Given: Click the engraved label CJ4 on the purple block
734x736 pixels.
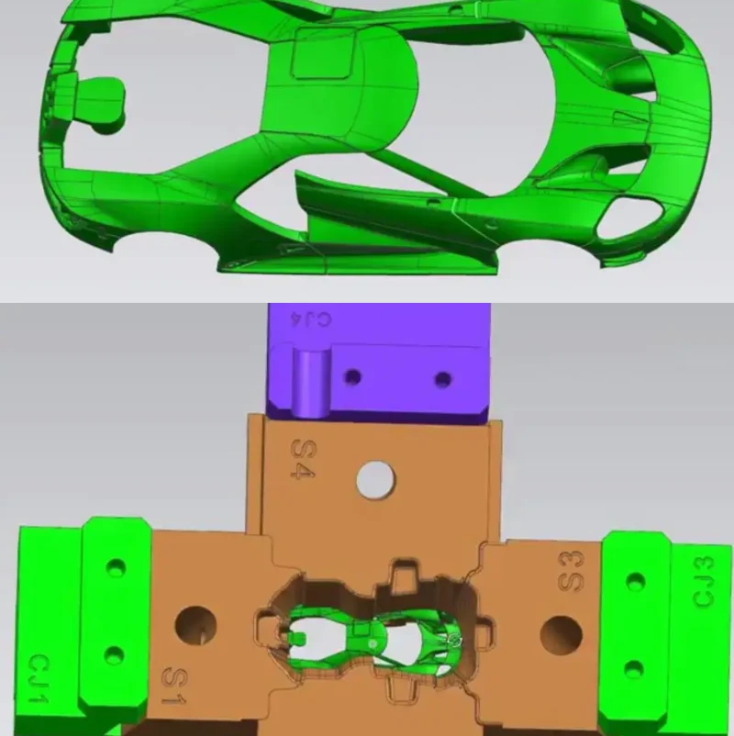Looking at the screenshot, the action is click(311, 319).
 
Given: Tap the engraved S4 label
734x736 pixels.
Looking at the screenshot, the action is click(303, 459).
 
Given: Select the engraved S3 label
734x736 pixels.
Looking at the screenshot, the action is click(572, 571).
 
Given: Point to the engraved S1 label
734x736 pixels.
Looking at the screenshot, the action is click(174, 686).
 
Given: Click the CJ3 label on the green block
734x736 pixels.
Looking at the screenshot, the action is click(704, 581).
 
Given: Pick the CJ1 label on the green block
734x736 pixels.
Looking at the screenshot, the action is click(38, 678).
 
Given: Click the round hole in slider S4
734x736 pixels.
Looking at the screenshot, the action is click(375, 480).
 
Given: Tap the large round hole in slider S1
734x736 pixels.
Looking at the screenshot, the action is click(195, 626).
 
